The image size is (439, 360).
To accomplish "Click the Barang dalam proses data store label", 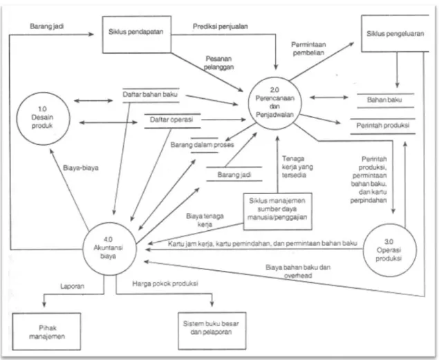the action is (203, 145).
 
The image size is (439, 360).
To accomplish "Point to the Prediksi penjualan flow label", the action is (221, 26).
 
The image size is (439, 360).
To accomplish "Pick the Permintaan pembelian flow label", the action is (308, 48).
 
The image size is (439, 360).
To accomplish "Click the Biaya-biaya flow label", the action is (81, 168).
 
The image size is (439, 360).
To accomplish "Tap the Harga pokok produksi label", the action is (165, 283).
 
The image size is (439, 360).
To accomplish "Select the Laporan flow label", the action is (72, 286).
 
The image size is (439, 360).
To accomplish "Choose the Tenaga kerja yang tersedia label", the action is (297, 167).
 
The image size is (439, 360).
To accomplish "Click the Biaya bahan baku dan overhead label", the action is (298, 272).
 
